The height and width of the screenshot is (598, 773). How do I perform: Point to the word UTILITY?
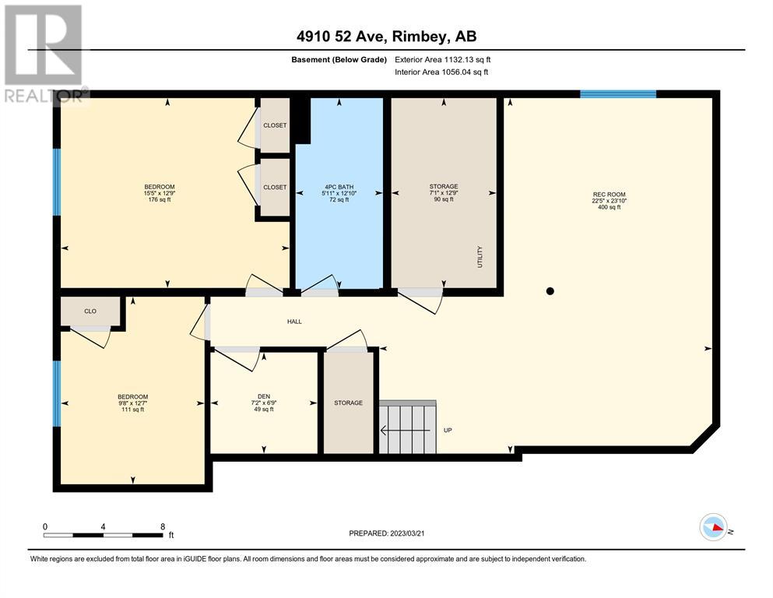[480, 257]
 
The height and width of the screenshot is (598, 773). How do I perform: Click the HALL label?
[294, 322]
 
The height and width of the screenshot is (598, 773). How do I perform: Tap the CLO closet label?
[90, 311]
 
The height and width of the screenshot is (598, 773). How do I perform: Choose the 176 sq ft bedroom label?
[160, 193]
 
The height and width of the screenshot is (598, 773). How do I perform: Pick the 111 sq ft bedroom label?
[132, 403]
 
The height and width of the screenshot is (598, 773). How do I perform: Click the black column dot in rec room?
[550, 291]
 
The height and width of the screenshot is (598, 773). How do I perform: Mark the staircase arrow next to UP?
[405, 431]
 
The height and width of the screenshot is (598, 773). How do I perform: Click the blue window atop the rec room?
[618, 93]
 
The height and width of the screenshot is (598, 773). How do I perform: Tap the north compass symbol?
[713, 527]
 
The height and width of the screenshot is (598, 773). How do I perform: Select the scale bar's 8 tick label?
[163, 526]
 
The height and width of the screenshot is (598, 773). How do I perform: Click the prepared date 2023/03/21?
[407, 533]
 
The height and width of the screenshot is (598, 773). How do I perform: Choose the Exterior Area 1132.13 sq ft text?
[443, 60]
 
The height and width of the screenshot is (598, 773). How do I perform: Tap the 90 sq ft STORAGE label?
[444, 193]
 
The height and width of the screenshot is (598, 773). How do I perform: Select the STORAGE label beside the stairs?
[349, 403]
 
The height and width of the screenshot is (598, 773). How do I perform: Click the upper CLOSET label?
[275, 125]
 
